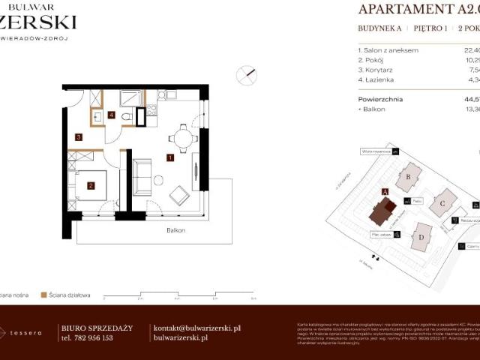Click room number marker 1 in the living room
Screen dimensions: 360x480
click(171, 158)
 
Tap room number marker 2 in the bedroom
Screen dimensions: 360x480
click(90, 186)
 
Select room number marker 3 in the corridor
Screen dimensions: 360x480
click(78, 137)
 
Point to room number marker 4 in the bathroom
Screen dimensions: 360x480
click(111, 115)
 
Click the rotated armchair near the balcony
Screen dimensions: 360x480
click(181, 196)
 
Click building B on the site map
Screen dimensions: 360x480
click(408, 177)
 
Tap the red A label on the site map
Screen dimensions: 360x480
click(385, 192)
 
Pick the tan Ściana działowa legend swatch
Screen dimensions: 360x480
click(44, 295)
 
